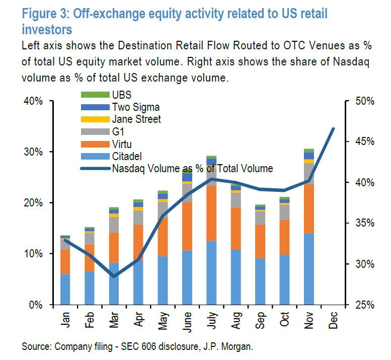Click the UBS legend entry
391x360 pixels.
pyautogui.click(x=121, y=95)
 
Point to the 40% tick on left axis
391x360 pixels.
pyautogui.click(x=35, y=101)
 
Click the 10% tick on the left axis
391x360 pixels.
pyautogui.click(x=35, y=254)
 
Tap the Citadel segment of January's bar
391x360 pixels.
pyautogui.click(x=65, y=290)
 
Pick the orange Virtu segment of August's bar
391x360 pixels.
pyautogui.click(x=236, y=229)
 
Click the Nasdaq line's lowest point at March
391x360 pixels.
pyautogui.click(x=114, y=276)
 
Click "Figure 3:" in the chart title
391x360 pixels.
pyautogui.click(x=45, y=13)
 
